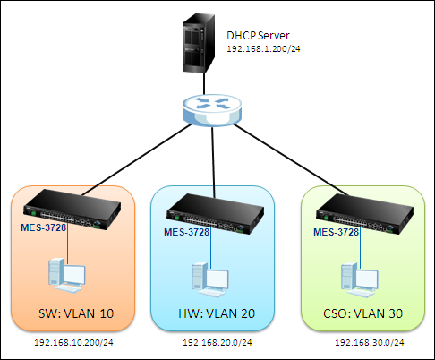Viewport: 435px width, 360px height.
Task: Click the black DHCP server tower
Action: click(199, 43)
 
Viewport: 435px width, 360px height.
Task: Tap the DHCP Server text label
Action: click(258, 36)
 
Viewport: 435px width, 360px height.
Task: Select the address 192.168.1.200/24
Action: click(263, 49)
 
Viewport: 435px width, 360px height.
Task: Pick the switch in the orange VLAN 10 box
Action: click(72, 210)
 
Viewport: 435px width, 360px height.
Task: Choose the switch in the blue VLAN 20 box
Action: click(215, 214)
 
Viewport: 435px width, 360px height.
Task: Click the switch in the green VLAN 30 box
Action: click(364, 214)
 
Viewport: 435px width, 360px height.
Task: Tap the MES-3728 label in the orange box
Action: click(44, 227)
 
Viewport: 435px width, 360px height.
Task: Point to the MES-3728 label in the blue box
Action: click(187, 232)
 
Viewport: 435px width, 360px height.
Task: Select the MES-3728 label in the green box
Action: click(336, 232)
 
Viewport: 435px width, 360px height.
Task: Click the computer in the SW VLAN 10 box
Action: click(67, 276)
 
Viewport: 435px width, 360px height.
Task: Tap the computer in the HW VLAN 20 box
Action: click(210, 280)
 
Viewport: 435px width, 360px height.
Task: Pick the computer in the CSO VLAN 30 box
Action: click(360, 280)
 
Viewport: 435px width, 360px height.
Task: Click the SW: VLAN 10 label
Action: click(76, 313)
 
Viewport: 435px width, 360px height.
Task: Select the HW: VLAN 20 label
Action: click(217, 313)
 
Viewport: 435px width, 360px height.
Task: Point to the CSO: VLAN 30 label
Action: click(362, 313)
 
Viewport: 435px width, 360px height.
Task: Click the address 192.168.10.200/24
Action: click(73, 342)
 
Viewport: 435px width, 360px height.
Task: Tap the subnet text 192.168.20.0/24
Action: click(217, 342)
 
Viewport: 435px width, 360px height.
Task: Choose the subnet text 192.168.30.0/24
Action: click(370, 342)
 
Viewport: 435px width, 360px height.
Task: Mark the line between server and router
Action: click(204, 84)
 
